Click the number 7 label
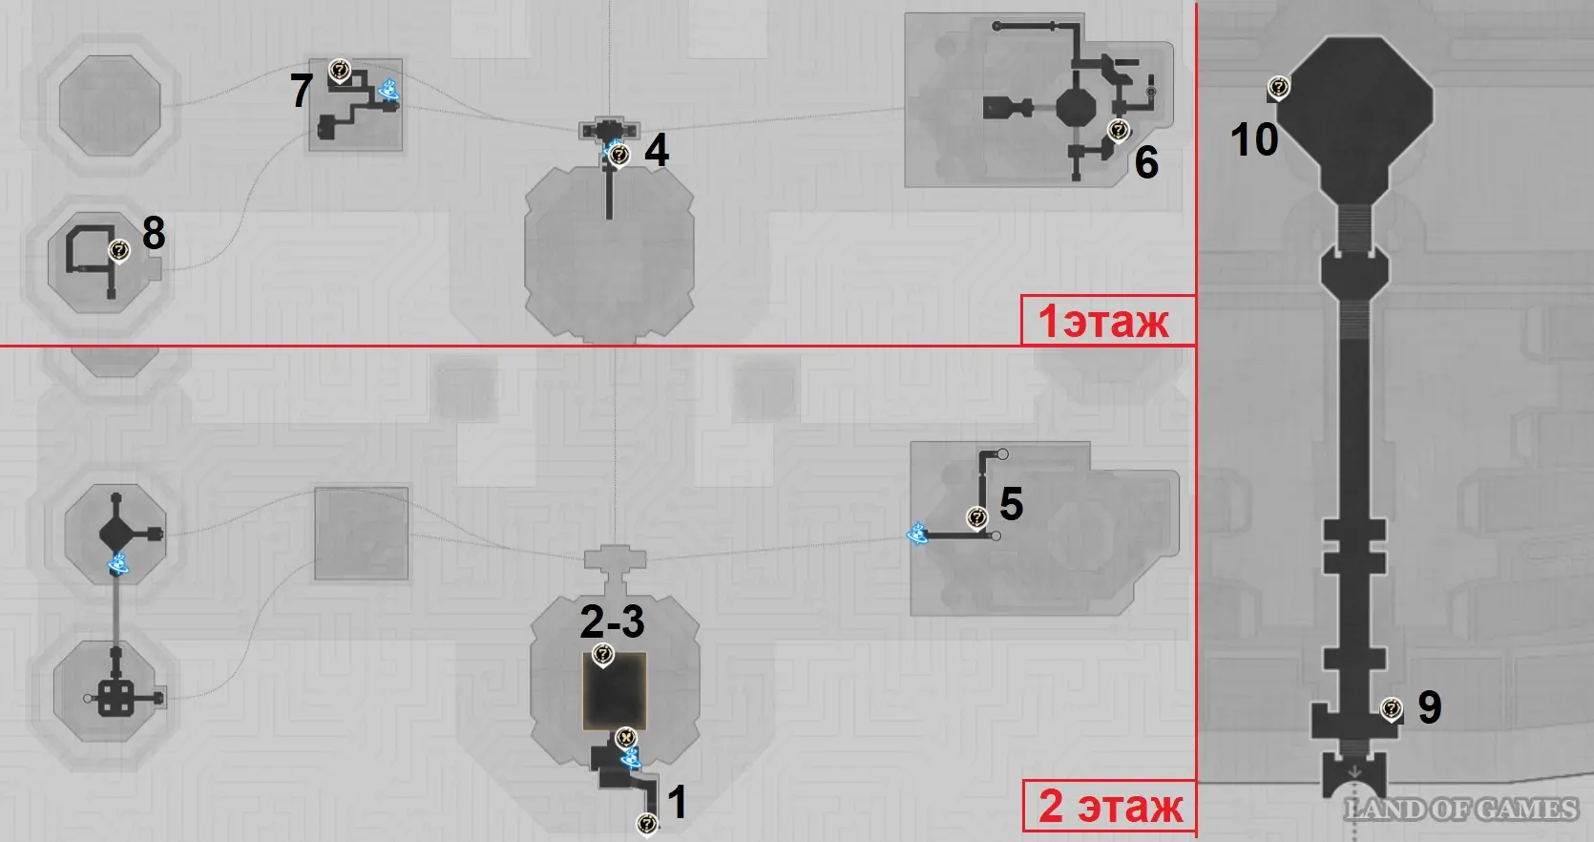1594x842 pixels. [301, 91]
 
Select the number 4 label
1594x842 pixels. [657, 151]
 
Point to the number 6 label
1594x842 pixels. [1146, 162]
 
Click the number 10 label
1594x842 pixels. [1254, 138]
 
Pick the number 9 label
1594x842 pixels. [1430, 706]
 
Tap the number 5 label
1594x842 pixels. [1011, 504]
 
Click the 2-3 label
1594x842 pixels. [612, 621]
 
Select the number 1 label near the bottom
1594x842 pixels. [678, 802]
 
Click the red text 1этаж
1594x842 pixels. [1103, 322]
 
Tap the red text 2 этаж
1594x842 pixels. [1111, 807]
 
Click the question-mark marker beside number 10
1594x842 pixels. [1279, 89]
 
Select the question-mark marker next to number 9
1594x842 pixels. [1392, 709]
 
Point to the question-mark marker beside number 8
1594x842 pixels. [119, 251]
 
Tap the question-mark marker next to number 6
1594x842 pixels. [1119, 131]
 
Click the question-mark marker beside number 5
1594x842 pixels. [977, 518]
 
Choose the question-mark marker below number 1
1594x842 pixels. [647, 825]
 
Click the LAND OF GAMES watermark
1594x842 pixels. [1461, 810]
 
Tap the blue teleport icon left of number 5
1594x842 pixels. [917, 533]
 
